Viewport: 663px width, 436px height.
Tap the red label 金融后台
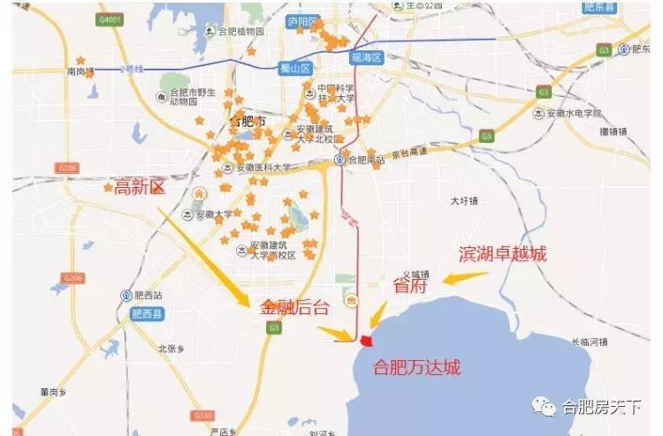coord(295,308)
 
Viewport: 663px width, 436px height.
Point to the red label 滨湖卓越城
coord(502,254)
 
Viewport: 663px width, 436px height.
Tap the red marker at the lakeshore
coord(367,340)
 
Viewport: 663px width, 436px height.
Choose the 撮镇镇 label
coord(612,132)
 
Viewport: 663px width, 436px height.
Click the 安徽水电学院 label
coord(572,114)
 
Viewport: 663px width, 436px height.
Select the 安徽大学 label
coord(213,214)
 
